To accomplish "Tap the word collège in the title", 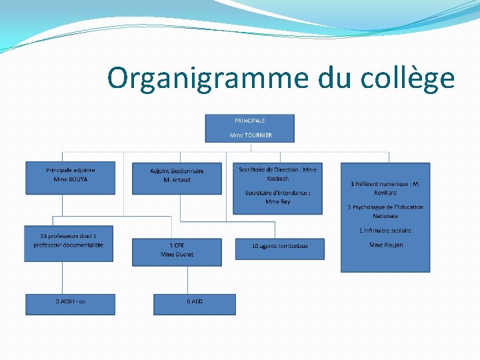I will click(407, 79).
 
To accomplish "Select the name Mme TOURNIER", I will click(251, 135).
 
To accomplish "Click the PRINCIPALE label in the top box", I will click(250, 121).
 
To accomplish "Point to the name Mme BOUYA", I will click(70, 179).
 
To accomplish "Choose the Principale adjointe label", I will click(70, 170).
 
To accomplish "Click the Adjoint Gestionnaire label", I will click(177, 171).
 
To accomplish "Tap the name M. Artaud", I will click(177, 180).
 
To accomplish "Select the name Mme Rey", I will click(277, 201).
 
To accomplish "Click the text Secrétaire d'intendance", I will click(277, 193).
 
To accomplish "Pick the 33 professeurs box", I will click(69, 241).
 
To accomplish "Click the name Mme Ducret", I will click(177, 255).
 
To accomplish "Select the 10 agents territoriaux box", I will click(280, 246).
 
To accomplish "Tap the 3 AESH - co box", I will click(70, 303).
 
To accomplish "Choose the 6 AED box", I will click(195, 303).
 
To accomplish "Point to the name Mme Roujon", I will click(385, 245).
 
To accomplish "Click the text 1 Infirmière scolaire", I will click(385, 231).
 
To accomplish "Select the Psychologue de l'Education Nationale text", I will click(385, 211).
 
